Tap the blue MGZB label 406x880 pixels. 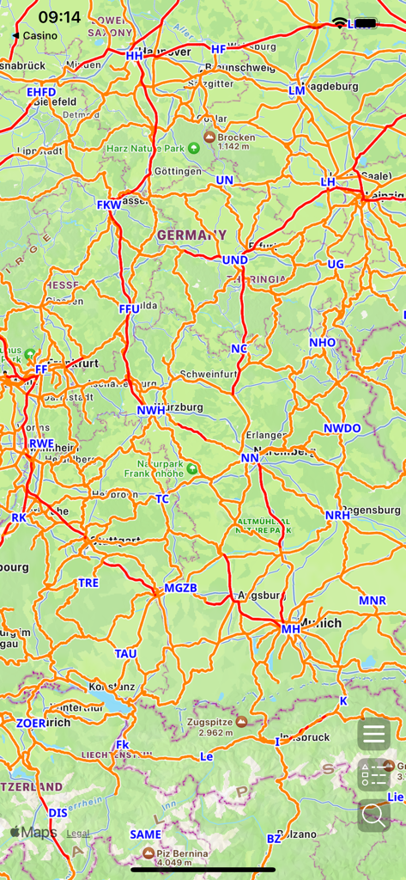click(x=180, y=589)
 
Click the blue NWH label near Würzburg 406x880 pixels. click(x=151, y=411)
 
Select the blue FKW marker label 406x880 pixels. click(x=109, y=205)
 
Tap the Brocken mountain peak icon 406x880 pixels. click(x=209, y=137)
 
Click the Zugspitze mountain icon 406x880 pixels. click(x=242, y=722)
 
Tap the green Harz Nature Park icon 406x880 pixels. click(x=194, y=148)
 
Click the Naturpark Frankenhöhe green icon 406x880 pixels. click(x=192, y=469)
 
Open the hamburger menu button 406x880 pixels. click(x=374, y=734)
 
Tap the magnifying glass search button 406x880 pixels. click(x=374, y=815)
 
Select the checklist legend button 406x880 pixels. click(x=374, y=774)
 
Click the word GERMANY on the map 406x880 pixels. click(x=191, y=235)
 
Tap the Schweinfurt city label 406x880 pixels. click(x=209, y=375)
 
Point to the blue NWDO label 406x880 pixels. click(x=342, y=428)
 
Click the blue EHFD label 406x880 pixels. click(x=41, y=92)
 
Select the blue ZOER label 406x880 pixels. click(x=31, y=724)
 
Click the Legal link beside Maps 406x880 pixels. click(x=78, y=833)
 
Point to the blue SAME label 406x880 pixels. click(x=145, y=834)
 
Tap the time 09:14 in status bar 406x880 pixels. click(x=59, y=17)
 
